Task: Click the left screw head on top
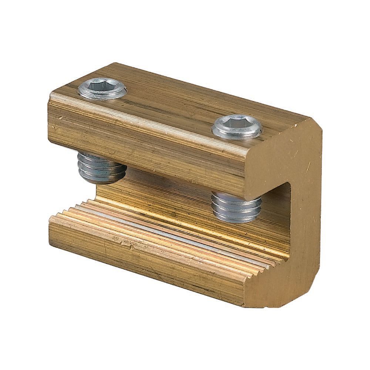102,89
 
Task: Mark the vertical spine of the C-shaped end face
309,207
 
